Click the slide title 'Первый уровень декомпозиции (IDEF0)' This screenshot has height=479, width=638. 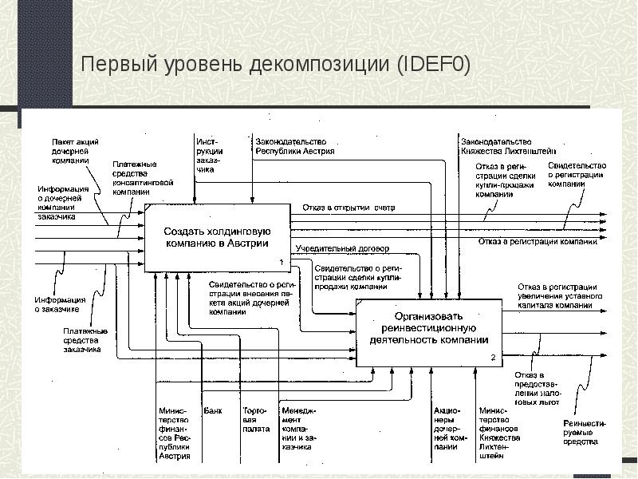click(275, 64)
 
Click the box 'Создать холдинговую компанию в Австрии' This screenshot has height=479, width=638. click(215, 236)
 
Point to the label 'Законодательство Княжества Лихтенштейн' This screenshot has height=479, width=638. click(508, 145)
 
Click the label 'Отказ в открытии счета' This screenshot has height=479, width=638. click(349, 208)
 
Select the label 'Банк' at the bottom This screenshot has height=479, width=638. click(213, 412)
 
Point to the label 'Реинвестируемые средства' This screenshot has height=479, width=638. click(585, 432)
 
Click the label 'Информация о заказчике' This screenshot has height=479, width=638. click(55, 304)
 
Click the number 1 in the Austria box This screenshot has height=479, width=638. click(281, 263)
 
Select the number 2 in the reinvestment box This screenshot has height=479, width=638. click(493, 358)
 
